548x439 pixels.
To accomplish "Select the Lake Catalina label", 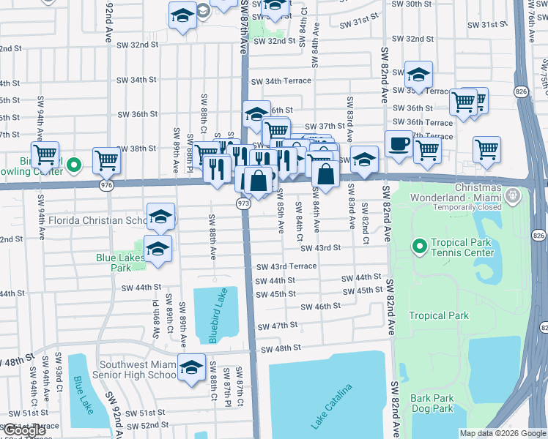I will tap(331, 407).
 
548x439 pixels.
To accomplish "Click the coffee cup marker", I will tap(398, 143).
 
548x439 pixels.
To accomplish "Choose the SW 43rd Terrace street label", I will tap(286, 266).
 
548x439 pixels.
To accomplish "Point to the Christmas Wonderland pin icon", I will tap(513, 195).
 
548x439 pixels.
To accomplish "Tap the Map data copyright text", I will tap(503, 433).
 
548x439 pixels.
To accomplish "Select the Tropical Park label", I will tap(438, 316).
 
